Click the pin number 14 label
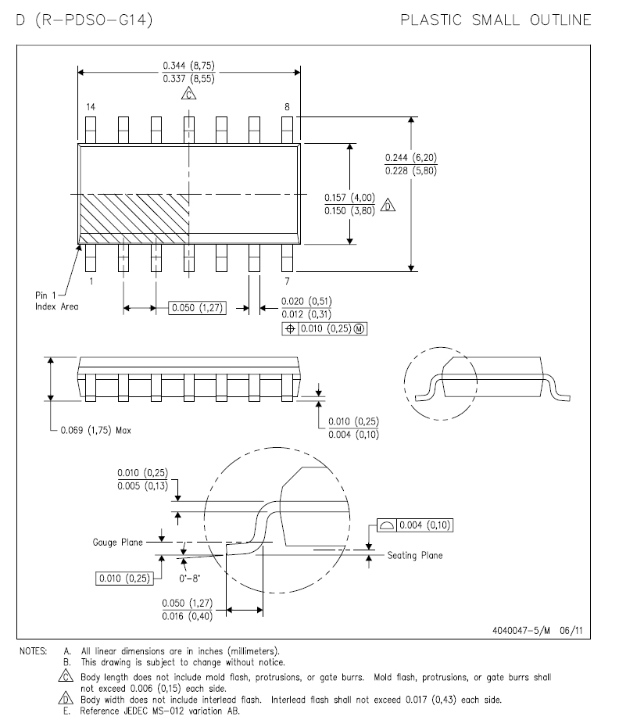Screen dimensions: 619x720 [x=91, y=107]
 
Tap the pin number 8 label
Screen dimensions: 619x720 [x=287, y=107]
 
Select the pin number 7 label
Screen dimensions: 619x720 [x=287, y=281]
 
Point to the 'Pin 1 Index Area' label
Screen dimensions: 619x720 [x=56, y=301]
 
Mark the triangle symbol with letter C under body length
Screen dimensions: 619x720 [x=188, y=94]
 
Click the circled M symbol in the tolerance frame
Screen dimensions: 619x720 [x=360, y=329]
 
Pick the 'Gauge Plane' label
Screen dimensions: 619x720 [x=117, y=543]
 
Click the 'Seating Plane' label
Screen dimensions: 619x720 [x=415, y=555]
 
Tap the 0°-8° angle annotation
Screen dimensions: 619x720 [x=189, y=579]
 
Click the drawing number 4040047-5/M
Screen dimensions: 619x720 [x=521, y=630]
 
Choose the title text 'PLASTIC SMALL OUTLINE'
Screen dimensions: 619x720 [x=496, y=20]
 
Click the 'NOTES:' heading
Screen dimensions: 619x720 [x=33, y=651]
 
